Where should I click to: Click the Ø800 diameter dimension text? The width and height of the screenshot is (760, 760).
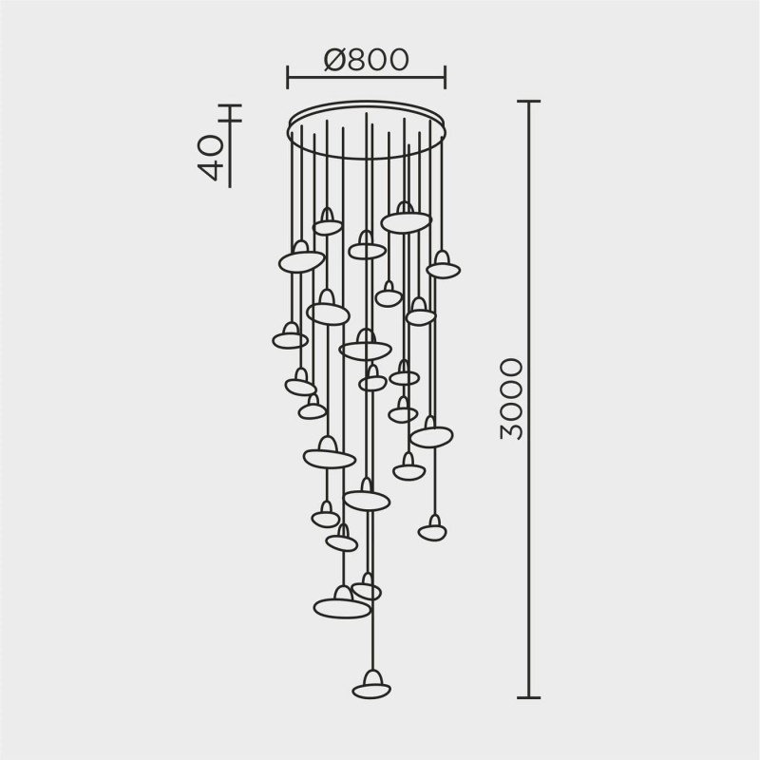pos(366,60)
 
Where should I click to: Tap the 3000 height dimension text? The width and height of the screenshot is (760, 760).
pos(511,398)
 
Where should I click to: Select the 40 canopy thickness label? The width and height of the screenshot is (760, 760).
pos(211,157)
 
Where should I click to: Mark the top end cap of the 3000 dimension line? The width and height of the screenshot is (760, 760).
pos(529,101)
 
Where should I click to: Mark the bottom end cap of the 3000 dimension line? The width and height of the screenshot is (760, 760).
pos(529,697)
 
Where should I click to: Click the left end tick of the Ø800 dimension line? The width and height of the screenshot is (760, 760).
pos(288,77)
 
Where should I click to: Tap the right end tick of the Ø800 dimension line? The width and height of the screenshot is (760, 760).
pos(445,77)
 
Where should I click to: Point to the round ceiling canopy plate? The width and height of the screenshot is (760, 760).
pos(366,130)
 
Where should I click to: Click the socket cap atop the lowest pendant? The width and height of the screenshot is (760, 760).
pos(371,675)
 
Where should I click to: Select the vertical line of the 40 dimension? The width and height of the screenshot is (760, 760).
pos(230,142)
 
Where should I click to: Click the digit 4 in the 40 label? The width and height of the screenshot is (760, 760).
pos(211,169)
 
